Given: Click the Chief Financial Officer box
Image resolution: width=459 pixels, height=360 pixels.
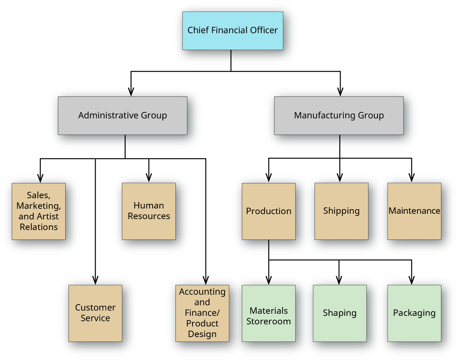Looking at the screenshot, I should click(x=232, y=31).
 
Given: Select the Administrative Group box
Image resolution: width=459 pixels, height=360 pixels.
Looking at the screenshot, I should click(x=123, y=116).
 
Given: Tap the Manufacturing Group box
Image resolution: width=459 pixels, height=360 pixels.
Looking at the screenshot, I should click(x=339, y=116).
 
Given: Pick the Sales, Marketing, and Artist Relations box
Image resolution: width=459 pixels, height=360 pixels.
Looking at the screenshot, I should click(x=38, y=211).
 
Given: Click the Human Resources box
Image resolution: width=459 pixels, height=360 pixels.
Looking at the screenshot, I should click(x=149, y=211).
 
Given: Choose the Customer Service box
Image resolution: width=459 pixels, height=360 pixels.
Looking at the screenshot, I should click(x=95, y=313).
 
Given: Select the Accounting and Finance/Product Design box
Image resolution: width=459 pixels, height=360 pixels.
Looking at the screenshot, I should click(x=202, y=313).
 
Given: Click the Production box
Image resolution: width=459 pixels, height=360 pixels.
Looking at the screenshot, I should click(x=268, y=211).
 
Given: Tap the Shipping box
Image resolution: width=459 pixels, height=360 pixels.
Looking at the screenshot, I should click(x=341, y=211).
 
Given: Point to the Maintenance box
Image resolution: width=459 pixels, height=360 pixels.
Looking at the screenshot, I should click(x=414, y=211).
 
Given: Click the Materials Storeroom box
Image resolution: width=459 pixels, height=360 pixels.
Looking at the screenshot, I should click(x=268, y=313).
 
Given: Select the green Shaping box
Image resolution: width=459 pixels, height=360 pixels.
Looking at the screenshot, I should click(x=340, y=313).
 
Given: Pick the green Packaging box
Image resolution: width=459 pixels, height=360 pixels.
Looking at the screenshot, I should click(x=414, y=313).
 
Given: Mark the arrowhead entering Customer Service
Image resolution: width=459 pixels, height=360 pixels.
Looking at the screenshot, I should click(x=95, y=281).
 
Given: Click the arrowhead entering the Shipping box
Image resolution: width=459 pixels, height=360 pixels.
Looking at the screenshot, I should click(x=340, y=178).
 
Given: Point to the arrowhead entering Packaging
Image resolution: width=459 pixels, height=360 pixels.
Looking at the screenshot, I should click(x=412, y=281).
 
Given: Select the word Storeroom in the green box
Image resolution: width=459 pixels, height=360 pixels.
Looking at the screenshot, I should click(x=268, y=321).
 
